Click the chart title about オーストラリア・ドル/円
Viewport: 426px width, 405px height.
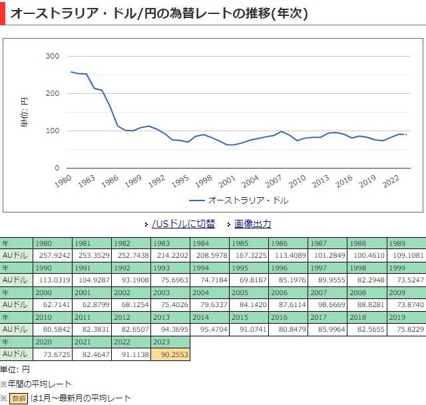click(159, 13)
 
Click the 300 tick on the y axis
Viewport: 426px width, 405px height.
click(52, 56)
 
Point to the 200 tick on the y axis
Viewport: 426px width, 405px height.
click(52, 93)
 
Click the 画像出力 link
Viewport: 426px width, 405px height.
click(252, 224)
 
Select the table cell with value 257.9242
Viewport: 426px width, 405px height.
click(53, 255)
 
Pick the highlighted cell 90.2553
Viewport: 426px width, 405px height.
click(170, 355)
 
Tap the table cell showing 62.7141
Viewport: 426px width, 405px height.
click(53, 305)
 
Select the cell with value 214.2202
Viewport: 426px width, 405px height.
click(170, 255)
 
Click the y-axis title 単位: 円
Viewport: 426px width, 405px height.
click(25, 112)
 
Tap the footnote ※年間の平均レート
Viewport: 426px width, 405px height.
click(36, 384)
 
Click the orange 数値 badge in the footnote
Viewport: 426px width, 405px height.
click(18, 398)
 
